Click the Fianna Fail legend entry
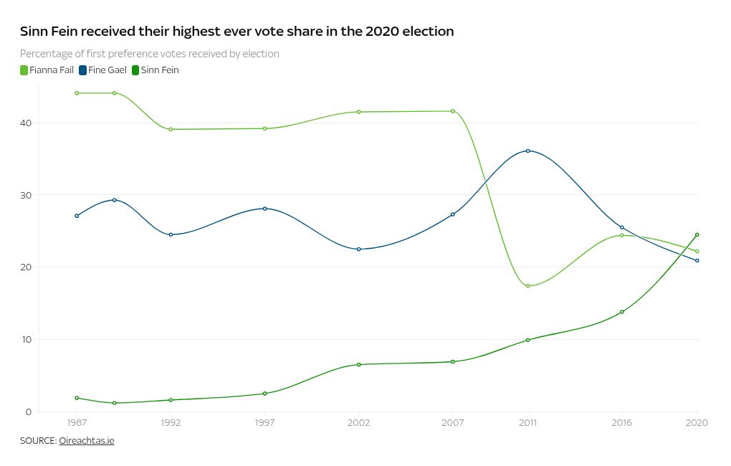click(47, 70)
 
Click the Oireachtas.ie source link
click(87, 441)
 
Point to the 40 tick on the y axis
click(26, 123)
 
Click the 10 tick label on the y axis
click(26, 340)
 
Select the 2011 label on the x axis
click(527, 423)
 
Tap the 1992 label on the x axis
click(171, 423)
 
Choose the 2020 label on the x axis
click(697, 423)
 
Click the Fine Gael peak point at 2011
click(528, 151)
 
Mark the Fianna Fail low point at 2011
click(528, 286)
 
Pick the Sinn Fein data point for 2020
click(697, 234)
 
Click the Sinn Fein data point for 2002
click(359, 364)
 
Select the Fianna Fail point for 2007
click(453, 111)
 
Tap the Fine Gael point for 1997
click(265, 209)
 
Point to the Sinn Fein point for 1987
click(77, 398)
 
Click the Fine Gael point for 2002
click(359, 249)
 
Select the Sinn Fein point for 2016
click(622, 312)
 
